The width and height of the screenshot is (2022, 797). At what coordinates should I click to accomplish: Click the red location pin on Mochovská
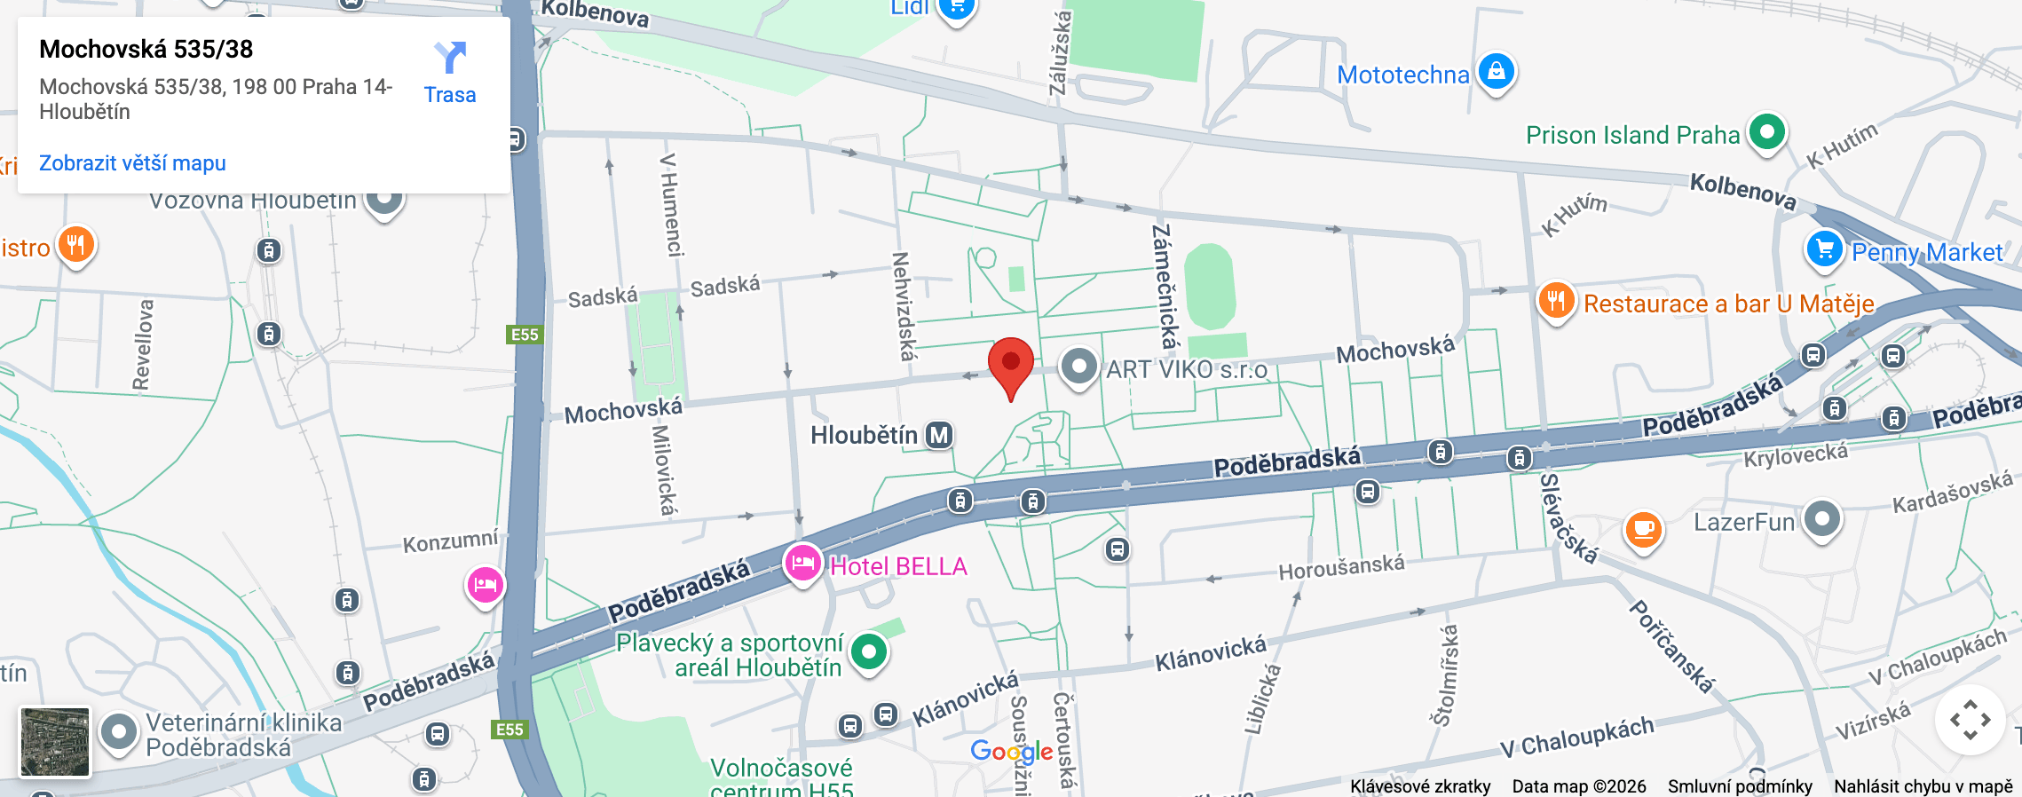pos(1010,364)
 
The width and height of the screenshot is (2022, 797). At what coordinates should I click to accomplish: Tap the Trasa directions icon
pos(450,59)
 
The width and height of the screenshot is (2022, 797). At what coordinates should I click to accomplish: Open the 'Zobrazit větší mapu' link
pos(132,163)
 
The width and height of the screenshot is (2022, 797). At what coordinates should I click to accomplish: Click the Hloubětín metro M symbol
pos(938,435)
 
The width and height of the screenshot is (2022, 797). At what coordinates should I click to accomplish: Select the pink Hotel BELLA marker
pos(802,563)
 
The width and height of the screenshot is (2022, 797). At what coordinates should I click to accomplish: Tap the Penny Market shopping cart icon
pos(1824,249)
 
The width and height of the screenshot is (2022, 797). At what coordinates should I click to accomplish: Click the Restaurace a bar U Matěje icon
pos(1555,301)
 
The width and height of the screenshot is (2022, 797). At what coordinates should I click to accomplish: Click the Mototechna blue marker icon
pos(1496,71)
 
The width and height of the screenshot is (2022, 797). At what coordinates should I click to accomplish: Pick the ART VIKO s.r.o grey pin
pos(1078,366)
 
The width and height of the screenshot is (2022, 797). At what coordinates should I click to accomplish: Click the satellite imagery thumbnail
pos(55,741)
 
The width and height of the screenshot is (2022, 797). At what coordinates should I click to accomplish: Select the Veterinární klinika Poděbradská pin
pos(119,733)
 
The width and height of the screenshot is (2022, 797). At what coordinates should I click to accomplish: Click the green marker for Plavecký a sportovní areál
pos(868,652)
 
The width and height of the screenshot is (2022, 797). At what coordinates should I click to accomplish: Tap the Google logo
pos(1011,752)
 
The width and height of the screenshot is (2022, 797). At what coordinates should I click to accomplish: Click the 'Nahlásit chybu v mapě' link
pos(1923,786)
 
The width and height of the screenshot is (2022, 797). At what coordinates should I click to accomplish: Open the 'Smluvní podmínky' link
pos(1739,786)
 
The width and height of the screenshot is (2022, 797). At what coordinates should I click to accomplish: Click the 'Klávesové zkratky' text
pos(1419,786)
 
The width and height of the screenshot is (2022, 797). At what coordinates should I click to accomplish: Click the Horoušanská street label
pos(1341,566)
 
